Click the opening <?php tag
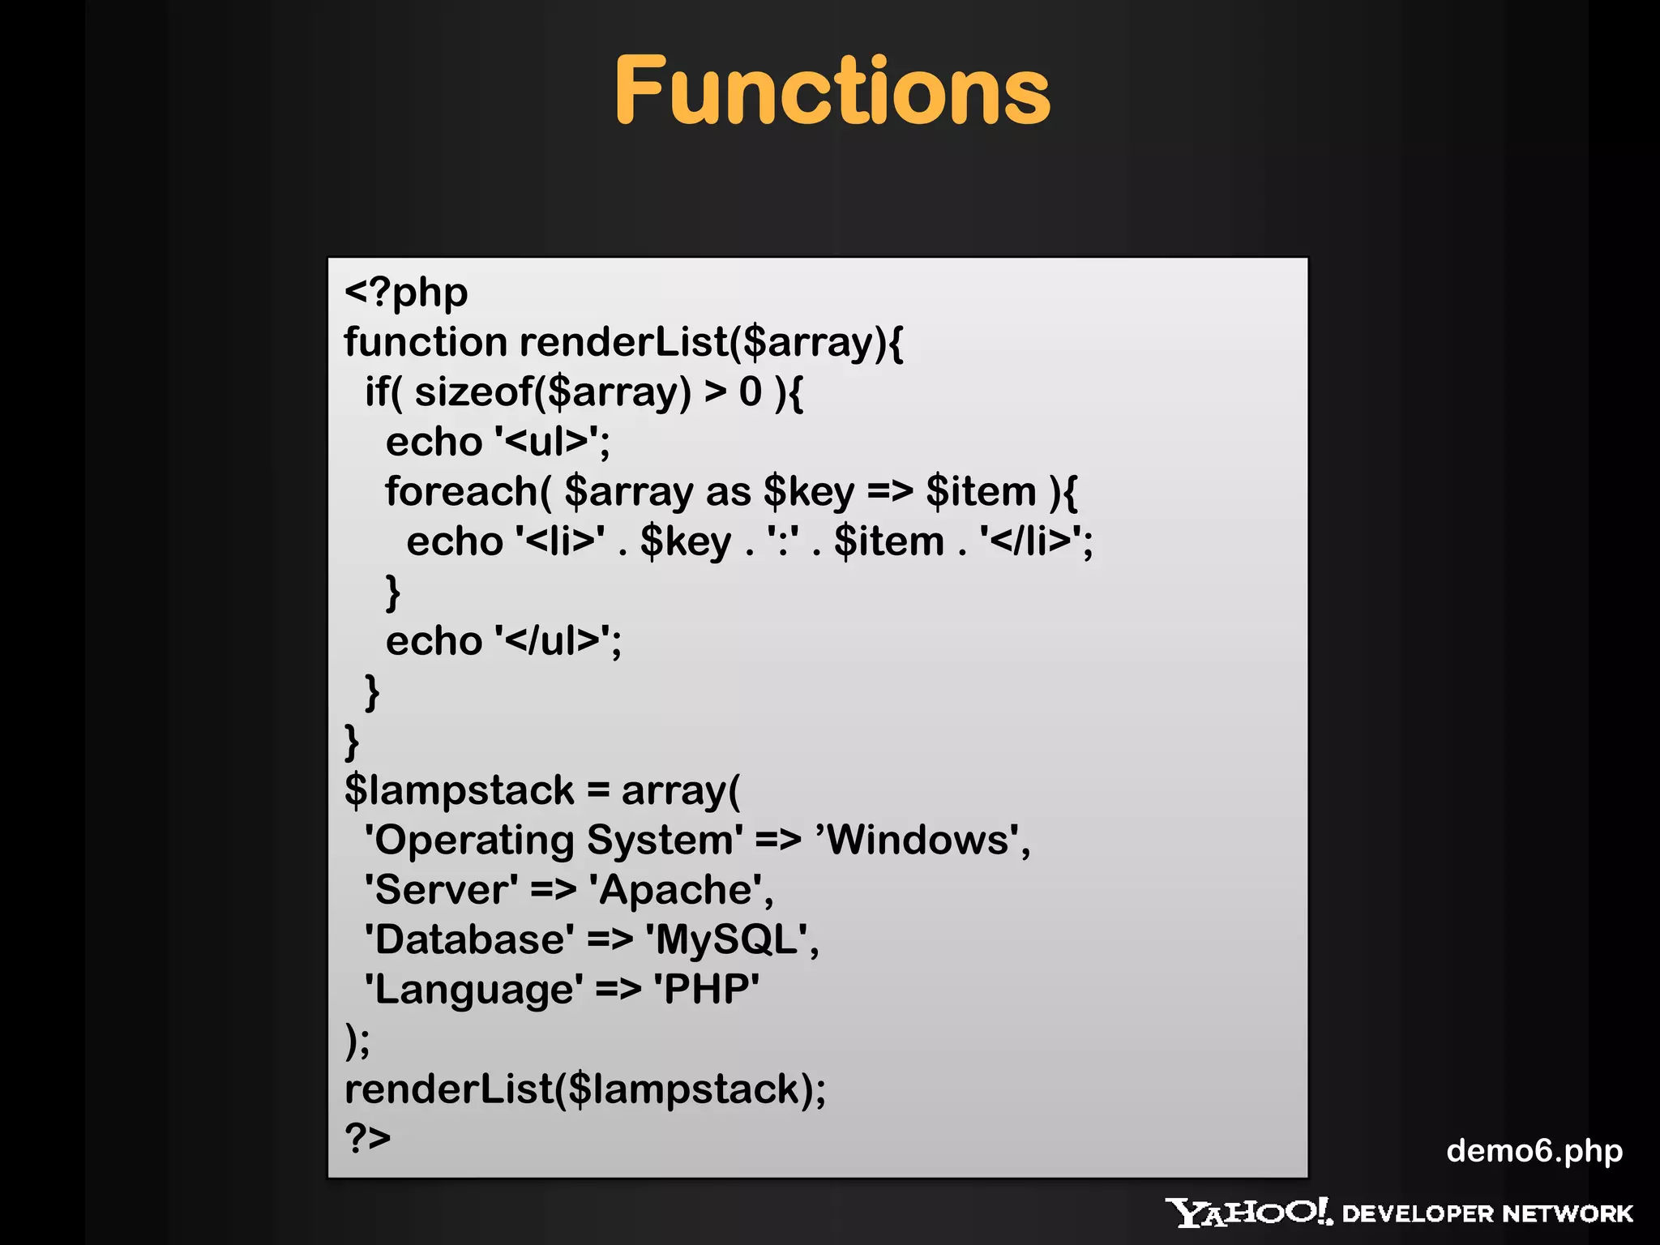(406, 293)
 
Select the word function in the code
(426, 342)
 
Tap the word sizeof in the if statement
(473, 392)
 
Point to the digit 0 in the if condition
(750, 392)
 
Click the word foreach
(460, 492)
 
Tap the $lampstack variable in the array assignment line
(459, 791)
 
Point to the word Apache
(675, 891)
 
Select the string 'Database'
(469, 940)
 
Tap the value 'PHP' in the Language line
(706, 990)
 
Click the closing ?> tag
(367, 1138)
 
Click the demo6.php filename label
(1534, 1151)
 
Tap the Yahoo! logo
(1248, 1213)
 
